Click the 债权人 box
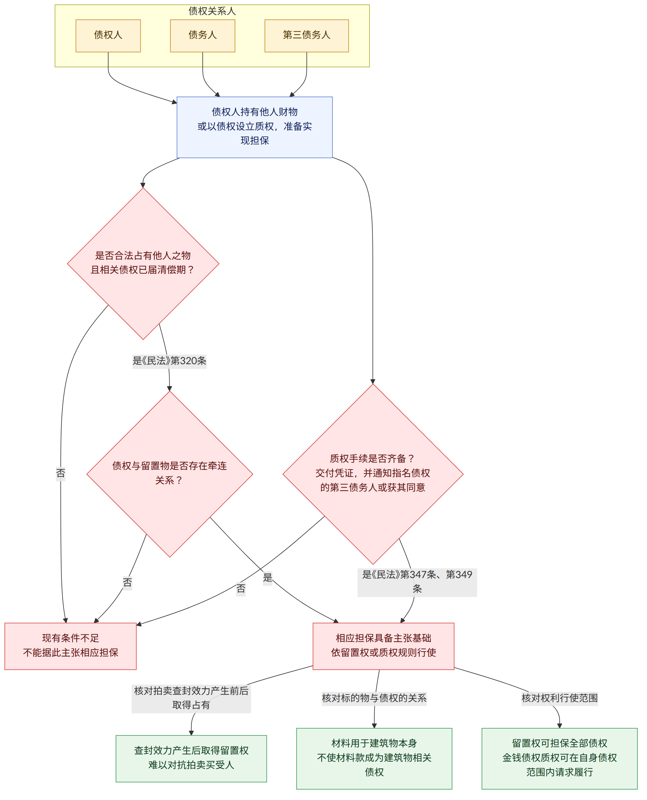coord(108,36)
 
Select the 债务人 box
coord(202,36)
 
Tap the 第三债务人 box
coord(306,36)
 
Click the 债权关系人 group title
coord(212,11)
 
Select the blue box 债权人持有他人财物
coord(255,127)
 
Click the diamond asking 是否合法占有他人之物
coord(143,264)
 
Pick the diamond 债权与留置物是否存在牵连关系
coord(170,474)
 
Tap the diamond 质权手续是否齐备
coord(373,474)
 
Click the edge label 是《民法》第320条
coord(170,361)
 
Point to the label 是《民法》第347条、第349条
coord(417,582)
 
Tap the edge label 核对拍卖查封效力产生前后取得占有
coord(191,698)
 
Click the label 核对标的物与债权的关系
coord(374,698)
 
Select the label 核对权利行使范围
coord(559,698)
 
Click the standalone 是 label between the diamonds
coord(267,577)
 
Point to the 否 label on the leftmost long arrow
coord(61,473)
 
